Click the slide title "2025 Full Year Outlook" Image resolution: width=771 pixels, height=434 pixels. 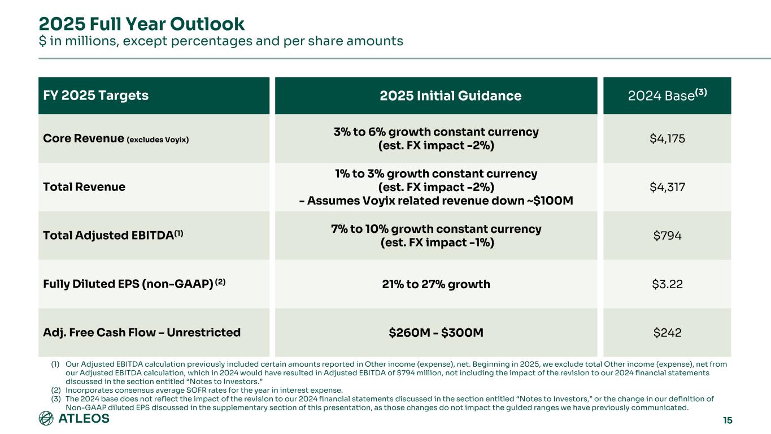click(x=141, y=24)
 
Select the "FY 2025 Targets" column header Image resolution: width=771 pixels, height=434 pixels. click(x=95, y=96)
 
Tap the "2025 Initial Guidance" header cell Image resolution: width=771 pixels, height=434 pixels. click(x=435, y=96)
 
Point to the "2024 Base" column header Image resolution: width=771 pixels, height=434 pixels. click(x=667, y=96)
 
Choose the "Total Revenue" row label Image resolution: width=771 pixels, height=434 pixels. click(x=84, y=186)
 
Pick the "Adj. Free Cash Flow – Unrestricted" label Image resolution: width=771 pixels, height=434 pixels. click(x=142, y=332)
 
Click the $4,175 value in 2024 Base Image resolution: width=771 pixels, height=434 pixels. click(x=667, y=139)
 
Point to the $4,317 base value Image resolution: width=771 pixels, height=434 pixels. click(x=667, y=186)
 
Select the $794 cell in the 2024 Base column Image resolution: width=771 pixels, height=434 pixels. click(x=667, y=235)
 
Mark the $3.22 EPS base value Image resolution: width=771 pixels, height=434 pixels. click(x=667, y=284)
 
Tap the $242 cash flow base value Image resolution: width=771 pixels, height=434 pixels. click(x=667, y=332)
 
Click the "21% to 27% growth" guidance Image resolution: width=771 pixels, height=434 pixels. click(x=435, y=284)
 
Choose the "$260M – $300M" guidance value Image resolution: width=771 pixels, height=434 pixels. click(x=435, y=332)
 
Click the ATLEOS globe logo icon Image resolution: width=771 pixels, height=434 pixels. click(x=46, y=419)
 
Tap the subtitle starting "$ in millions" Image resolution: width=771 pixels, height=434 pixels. click(x=220, y=41)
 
